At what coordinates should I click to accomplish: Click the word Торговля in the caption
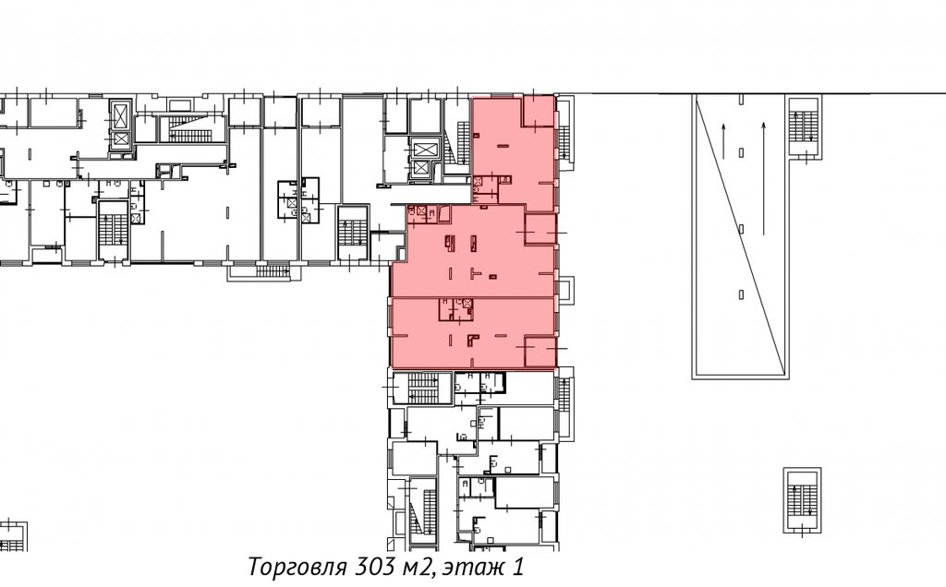pos(297,568)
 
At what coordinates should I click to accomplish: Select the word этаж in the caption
pos(469,568)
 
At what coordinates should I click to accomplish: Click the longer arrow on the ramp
pos(764,178)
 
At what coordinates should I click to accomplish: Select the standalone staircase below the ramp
pos(802,499)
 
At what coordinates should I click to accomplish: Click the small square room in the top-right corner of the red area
pos(539,111)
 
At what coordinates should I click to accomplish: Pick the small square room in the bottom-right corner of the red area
pos(540,352)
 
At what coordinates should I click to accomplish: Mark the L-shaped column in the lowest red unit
pos(472,341)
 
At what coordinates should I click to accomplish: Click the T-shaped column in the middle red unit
pos(476,273)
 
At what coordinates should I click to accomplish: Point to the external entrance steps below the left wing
pos(273,271)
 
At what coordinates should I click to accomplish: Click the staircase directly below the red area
pos(422,388)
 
